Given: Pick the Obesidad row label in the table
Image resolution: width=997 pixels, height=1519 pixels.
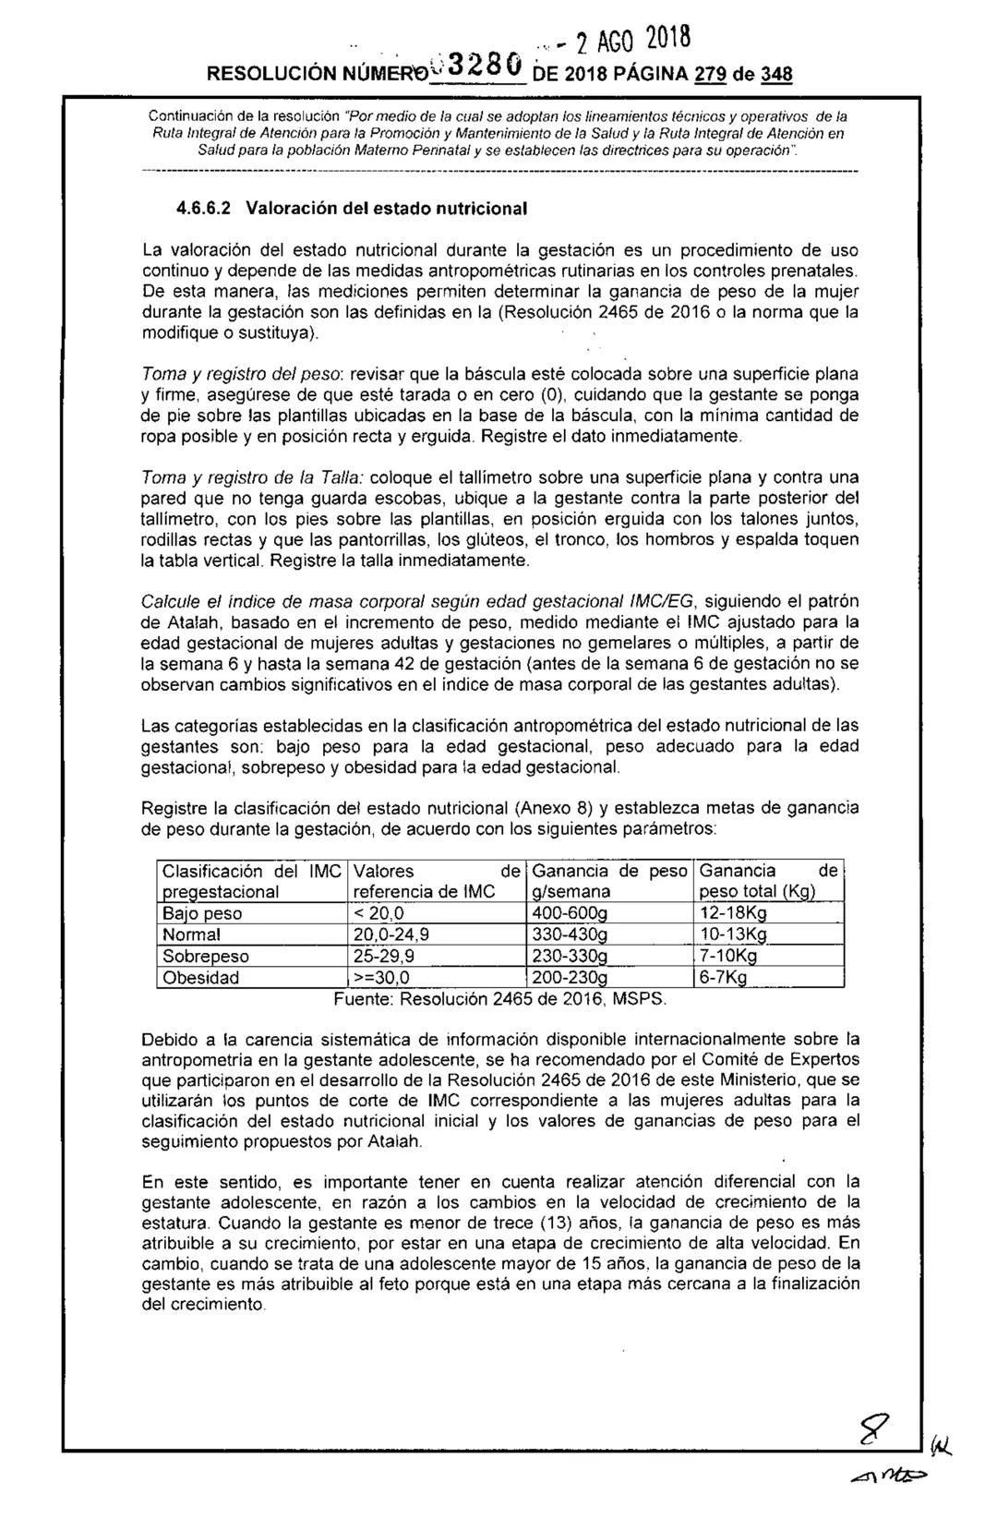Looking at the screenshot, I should tap(200, 978).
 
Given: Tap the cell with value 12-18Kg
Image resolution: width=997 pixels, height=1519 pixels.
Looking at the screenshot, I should tap(733, 913).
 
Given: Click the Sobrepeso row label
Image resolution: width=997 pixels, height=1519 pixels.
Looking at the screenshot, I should tap(205, 957).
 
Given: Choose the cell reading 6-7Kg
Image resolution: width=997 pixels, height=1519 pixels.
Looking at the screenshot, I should tap(723, 978).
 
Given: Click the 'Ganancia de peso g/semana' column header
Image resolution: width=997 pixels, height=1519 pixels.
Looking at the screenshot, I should tap(609, 881).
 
